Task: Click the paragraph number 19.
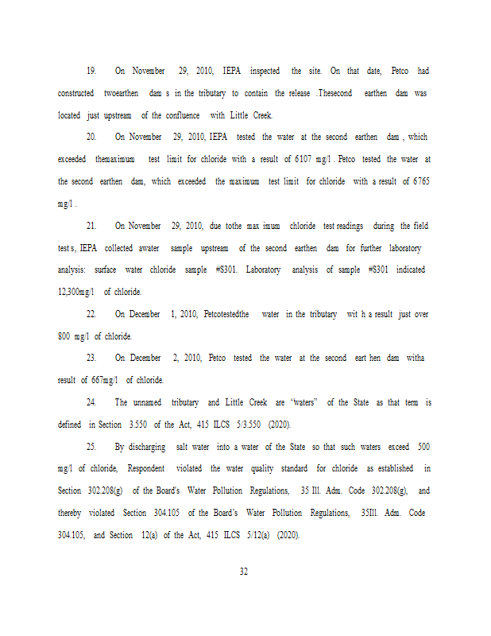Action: point(91,72)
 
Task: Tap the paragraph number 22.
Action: point(91,315)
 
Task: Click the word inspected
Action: point(259,72)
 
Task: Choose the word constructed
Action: point(76,94)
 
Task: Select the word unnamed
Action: point(147,403)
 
